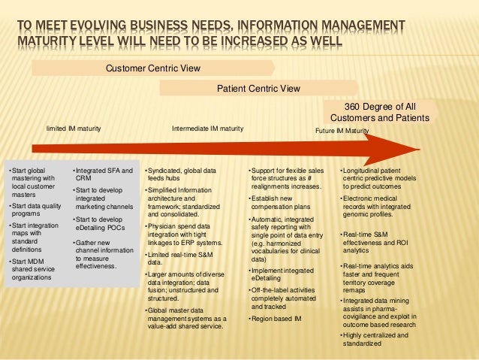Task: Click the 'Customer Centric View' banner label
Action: pos(152,68)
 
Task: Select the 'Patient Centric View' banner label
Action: pos(258,89)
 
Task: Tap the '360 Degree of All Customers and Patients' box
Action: pos(380,113)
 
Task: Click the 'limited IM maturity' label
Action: pos(74,129)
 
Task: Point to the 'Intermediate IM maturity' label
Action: pos(207,129)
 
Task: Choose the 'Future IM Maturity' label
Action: pos(342,131)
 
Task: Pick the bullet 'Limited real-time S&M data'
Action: pos(176,259)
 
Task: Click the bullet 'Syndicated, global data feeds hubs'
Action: pos(179,175)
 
